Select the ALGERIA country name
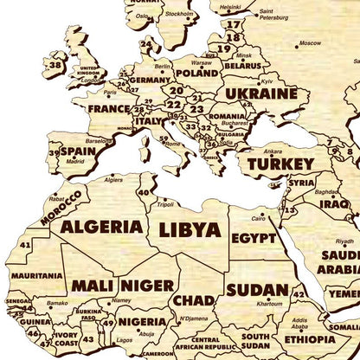point(101,227)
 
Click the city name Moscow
point(309,42)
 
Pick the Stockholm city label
point(179,14)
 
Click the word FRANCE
point(109,109)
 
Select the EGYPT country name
point(254,237)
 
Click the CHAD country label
point(194,299)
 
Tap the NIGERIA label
point(142,322)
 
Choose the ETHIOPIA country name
point(309,339)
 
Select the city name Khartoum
point(268,304)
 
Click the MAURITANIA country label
point(35,276)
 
